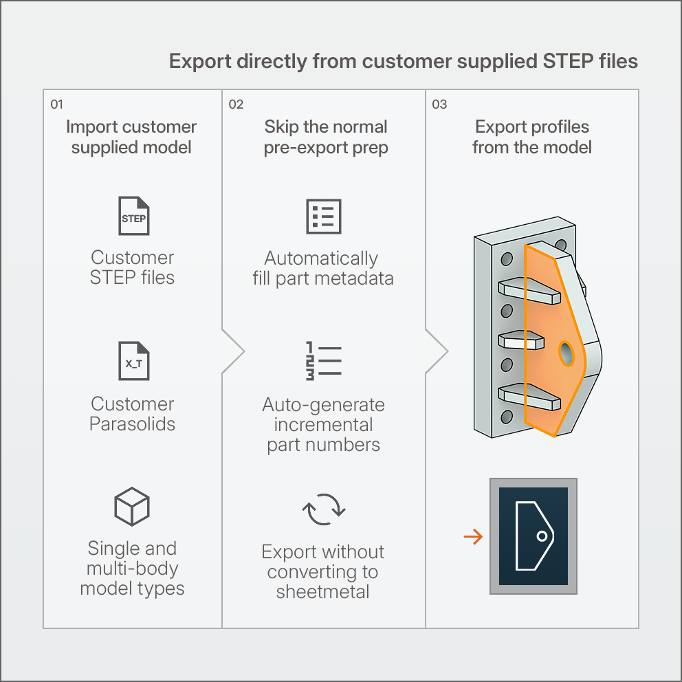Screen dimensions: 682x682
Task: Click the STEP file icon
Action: tap(134, 216)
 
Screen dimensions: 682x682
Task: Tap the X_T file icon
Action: tap(134, 361)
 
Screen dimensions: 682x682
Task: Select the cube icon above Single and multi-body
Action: tap(132, 506)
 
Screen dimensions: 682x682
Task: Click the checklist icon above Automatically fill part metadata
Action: tap(324, 217)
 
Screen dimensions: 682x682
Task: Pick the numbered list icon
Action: tap(324, 361)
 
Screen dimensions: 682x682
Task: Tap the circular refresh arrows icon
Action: tap(324, 509)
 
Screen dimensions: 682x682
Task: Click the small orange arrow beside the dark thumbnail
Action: tap(473, 537)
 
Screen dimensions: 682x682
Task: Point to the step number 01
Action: tap(56, 104)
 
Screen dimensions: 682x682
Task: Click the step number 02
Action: tap(236, 104)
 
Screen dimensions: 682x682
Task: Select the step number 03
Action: tap(439, 104)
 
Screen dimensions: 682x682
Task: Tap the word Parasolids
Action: tap(132, 424)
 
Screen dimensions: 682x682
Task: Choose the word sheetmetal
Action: tap(322, 592)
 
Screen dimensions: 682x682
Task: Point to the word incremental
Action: tap(323, 425)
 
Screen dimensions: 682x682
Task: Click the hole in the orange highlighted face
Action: tap(566, 353)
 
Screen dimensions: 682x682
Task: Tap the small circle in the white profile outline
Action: tap(542, 536)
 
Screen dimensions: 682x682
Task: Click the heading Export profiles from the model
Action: tap(532, 137)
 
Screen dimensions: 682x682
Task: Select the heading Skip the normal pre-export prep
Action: tap(326, 137)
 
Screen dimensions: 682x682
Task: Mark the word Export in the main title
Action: tap(200, 61)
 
